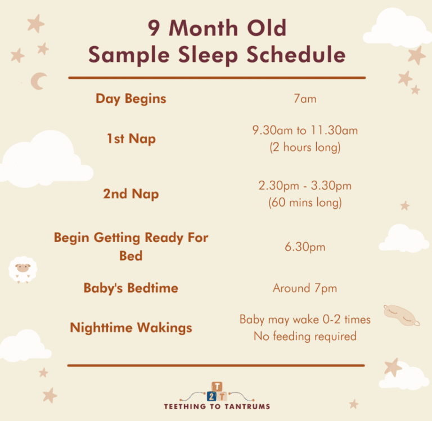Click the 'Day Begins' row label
click(131, 98)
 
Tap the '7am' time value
click(305, 99)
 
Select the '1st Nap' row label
click(131, 138)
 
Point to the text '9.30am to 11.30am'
click(305, 131)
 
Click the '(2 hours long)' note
click(305, 147)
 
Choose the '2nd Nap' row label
click(131, 194)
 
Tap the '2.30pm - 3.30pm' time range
click(305, 186)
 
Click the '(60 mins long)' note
click(305, 203)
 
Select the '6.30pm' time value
click(305, 247)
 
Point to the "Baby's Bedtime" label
click(131, 288)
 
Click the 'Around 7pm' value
click(305, 288)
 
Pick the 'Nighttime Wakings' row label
click(131, 328)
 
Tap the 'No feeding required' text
click(305, 337)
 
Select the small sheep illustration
click(22, 270)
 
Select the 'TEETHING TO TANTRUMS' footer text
click(216, 406)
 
